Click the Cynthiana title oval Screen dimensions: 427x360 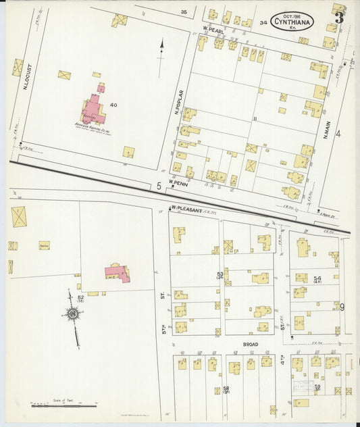(292, 21)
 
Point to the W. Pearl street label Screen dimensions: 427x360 (213, 30)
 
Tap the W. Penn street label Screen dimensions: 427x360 (178, 183)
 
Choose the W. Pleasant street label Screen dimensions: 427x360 (186, 209)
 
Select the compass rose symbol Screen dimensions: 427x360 (72, 313)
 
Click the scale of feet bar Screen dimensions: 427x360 (65, 405)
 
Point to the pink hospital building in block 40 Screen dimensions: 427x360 (93, 109)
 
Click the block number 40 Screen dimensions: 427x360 (113, 105)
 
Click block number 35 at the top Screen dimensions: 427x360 (183, 12)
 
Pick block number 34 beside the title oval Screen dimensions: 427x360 (263, 22)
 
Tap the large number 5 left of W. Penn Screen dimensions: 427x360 (159, 185)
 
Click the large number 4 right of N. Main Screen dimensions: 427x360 (338, 133)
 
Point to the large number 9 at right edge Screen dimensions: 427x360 (342, 307)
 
